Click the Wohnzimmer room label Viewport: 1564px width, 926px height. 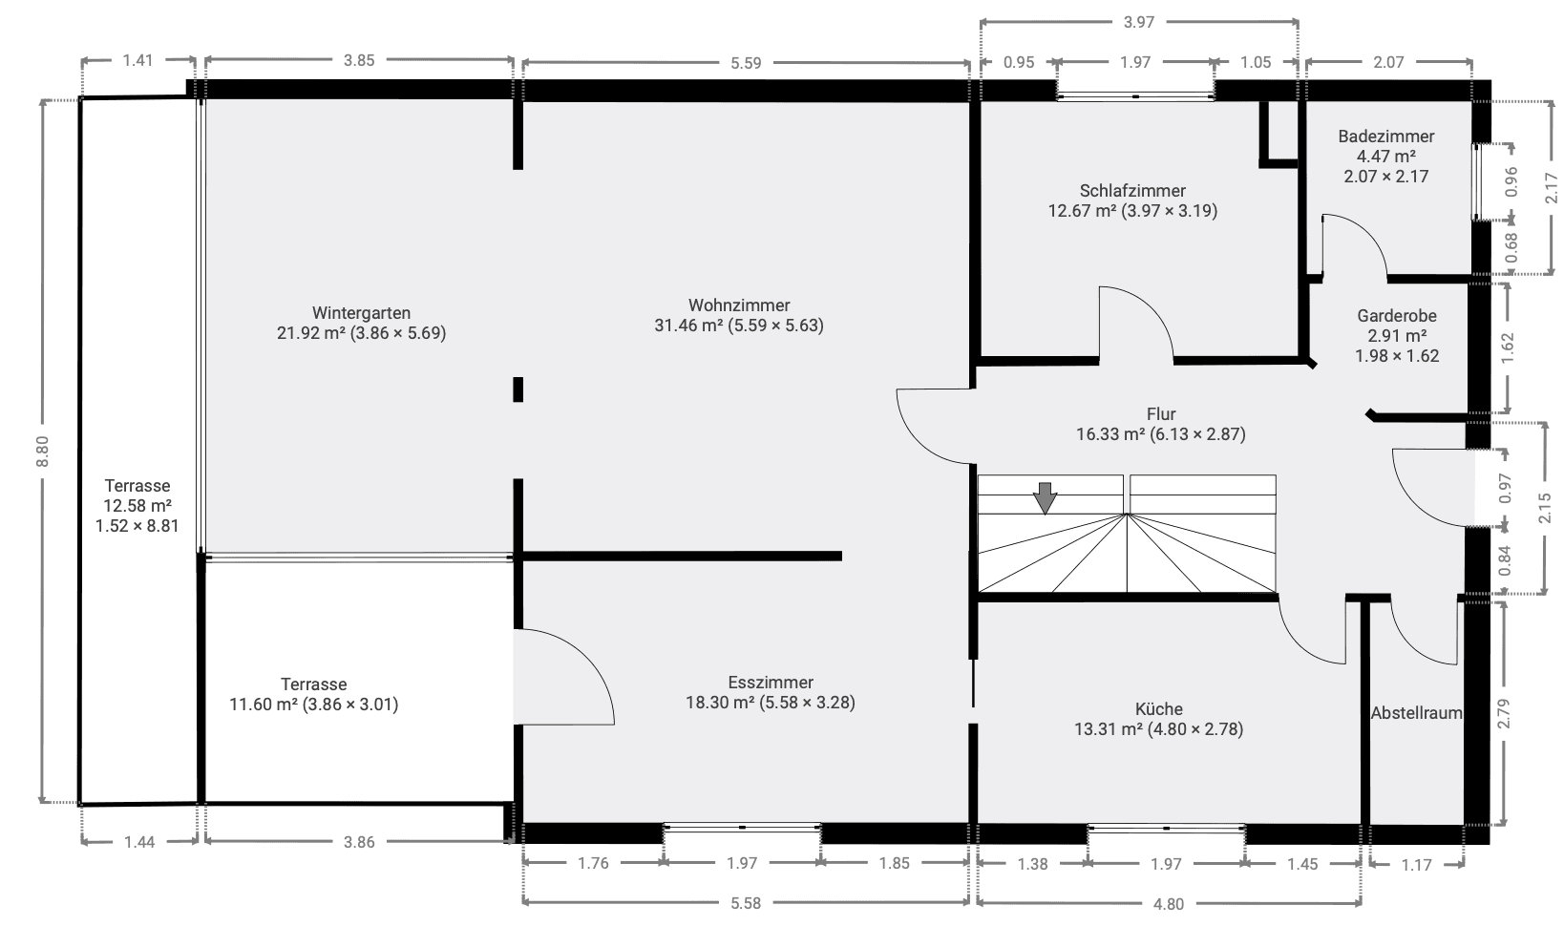pyautogui.click(x=739, y=305)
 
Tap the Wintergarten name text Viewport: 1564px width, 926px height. pyautogui.click(x=361, y=313)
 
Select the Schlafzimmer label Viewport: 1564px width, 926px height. pyautogui.click(x=1132, y=191)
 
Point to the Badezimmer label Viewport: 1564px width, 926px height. pyautogui.click(x=1385, y=137)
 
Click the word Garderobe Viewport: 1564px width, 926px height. pyautogui.click(x=1397, y=316)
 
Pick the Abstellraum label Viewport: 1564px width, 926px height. pyautogui.click(x=1416, y=713)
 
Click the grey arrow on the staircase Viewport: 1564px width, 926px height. pyautogui.click(x=1046, y=497)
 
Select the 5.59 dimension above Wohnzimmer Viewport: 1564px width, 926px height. pyautogui.click(x=746, y=63)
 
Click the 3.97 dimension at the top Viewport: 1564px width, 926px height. pyautogui.click(x=1139, y=22)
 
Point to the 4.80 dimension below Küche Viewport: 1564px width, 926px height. pyautogui.click(x=1168, y=903)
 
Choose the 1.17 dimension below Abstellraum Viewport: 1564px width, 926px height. pyautogui.click(x=1417, y=865)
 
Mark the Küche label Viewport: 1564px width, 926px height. pyautogui.click(x=1159, y=709)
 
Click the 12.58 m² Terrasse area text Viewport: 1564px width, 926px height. pyautogui.click(x=137, y=506)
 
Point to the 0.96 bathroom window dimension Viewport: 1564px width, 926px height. pyautogui.click(x=1511, y=181)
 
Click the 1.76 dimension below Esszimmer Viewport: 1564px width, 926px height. pyautogui.click(x=593, y=864)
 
